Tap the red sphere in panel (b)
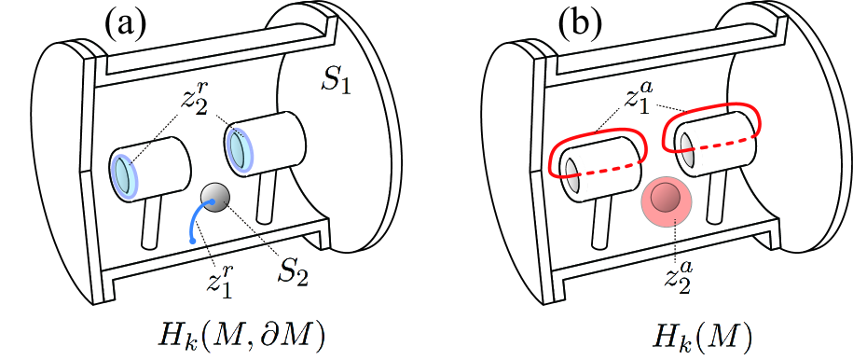point(666,200)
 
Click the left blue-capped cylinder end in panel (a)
point(122,174)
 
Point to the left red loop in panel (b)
point(597,157)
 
